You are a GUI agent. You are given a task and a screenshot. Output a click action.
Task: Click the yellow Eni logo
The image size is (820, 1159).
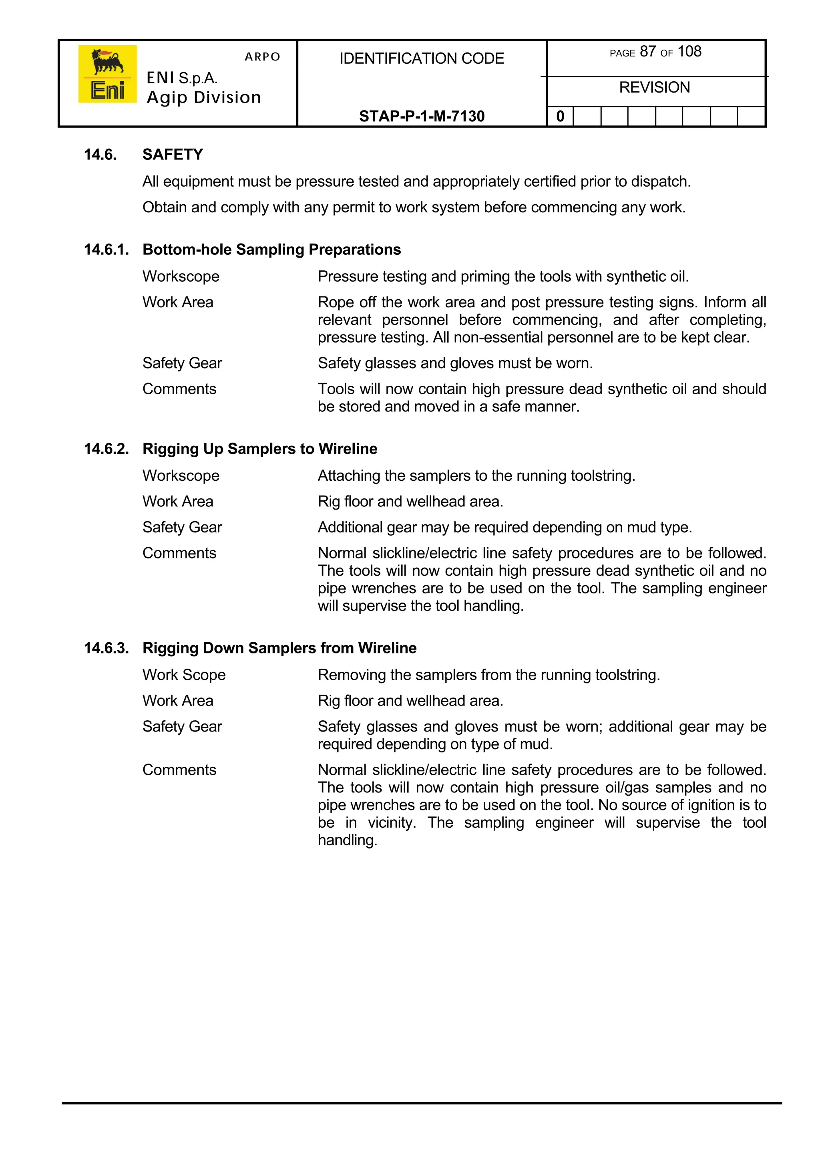(107, 74)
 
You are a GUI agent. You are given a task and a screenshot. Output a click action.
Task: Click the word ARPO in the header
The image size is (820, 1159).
(262, 56)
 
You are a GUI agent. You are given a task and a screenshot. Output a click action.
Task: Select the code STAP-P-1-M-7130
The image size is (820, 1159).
(422, 116)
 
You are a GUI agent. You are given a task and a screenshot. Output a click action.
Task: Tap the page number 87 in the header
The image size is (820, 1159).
(647, 52)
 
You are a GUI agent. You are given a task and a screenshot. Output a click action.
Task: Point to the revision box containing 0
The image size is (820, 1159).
(560, 116)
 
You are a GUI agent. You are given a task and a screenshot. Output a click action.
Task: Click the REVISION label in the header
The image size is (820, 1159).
(654, 87)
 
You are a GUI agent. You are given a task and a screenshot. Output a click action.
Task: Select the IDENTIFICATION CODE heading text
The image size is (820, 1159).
(422, 58)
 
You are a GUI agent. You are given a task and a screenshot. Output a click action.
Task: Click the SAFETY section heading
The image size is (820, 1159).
(173, 155)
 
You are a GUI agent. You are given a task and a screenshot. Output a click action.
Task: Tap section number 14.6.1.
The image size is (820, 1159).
(106, 250)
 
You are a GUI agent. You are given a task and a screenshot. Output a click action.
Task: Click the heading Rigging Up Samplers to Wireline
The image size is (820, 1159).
(259, 449)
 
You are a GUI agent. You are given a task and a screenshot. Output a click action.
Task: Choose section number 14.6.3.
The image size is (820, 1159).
(106, 648)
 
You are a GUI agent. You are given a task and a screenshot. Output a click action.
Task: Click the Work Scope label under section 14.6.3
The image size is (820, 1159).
(184, 675)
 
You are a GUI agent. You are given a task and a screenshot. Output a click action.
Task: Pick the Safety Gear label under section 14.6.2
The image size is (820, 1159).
(182, 527)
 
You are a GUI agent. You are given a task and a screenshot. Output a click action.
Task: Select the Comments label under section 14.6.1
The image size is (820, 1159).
(179, 389)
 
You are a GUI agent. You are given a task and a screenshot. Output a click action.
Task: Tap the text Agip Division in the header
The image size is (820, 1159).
(203, 97)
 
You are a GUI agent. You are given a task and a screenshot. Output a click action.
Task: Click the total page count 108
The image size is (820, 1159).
(689, 52)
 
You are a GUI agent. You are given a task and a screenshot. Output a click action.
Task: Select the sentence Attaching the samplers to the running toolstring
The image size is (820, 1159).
(476, 476)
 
